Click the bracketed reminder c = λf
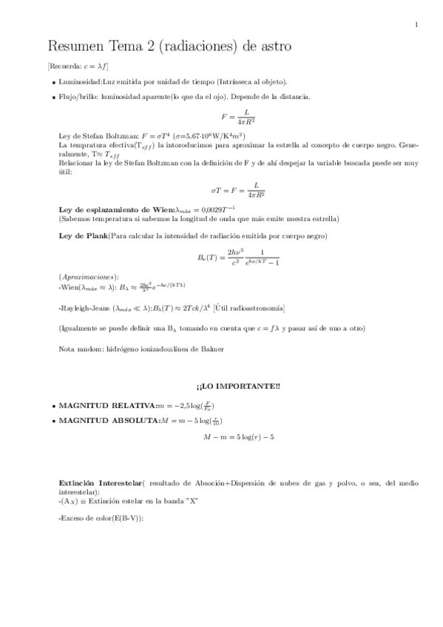(x=78, y=67)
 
